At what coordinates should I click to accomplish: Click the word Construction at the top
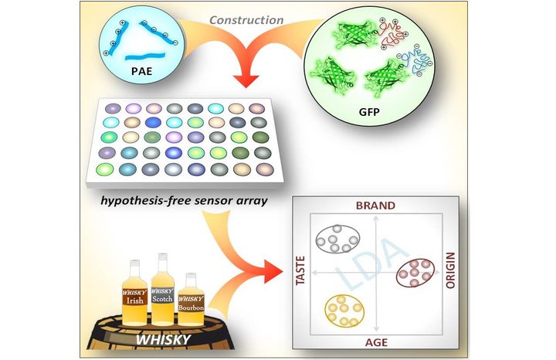click(x=246, y=20)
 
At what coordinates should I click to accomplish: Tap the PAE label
click(x=141, y=71)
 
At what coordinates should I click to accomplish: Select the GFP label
click(x=369, y=112)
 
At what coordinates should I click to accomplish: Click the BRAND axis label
click(x=375, y=205)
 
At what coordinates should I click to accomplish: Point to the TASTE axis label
click(x=300, y=270)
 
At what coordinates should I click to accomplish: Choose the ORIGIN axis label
click(x=450, y=270)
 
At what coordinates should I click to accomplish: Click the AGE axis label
click(x=376, y=343)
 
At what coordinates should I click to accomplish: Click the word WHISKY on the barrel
click(x=163, y=339)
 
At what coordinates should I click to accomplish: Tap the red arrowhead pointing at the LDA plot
click(x=274, y=271)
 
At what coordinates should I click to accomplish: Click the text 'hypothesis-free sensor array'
click(x=184, y=200)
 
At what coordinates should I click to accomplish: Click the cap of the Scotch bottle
click(x=163, y=256)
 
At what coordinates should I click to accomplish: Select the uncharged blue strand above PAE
click(x=145, y=56)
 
